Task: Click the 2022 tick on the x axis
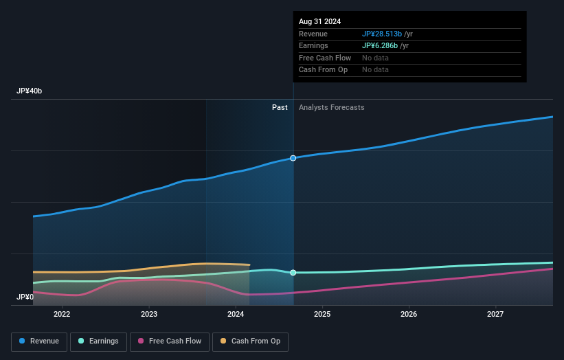coord(62,315)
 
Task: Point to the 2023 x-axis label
coord(148,315)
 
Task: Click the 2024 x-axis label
coord(236,315)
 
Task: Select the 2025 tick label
coord(322,315)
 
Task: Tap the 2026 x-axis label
coord(409,315)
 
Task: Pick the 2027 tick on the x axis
coord(495,315)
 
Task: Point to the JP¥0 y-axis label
coord(25,297)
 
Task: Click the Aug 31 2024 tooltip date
coord(319,22)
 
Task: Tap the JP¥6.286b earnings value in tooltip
coord(381,46)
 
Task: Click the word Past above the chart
coord(280,108)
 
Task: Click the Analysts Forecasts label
coord(331,108)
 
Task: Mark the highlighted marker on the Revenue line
coord(293,158)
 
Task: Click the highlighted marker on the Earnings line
coord(293,273)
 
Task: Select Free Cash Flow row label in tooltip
coord(325,58)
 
